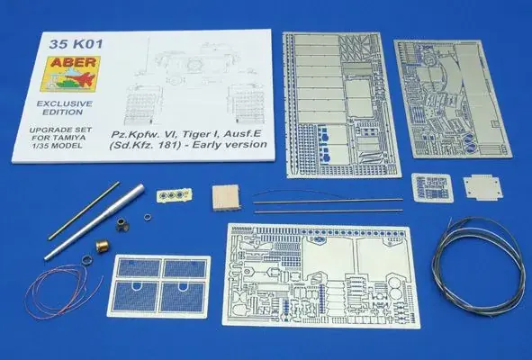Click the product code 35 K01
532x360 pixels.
point(76,44)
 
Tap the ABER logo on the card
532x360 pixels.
point(70,74)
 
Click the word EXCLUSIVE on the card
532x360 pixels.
point(65,103)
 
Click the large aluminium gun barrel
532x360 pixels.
point(95,222)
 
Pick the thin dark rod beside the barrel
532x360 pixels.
point(84,211)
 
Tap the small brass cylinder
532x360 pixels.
point(102,246)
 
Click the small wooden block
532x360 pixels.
point(226,197)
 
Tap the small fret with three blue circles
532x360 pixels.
point(174,195)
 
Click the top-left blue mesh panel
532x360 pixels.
point(140,268)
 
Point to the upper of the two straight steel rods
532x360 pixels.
point(328,201)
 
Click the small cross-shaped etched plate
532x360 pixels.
point(482,188)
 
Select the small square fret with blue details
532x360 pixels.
point(432,187)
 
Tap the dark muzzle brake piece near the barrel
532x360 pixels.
point(122,224)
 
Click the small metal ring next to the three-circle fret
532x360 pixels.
point(148,217)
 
